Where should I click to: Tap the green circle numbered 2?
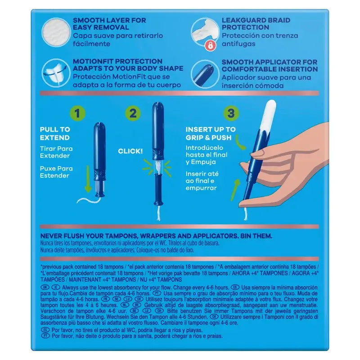[133, 113]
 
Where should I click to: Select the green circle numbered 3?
[231, 113]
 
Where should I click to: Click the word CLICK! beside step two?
[130, 151]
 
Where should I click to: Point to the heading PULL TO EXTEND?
[55, 134]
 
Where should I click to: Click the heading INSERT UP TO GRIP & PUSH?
[211, 134]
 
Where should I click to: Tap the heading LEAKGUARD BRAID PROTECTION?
[256, 24]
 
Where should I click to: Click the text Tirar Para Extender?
[56, 152]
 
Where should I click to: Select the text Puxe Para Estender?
[56, 172]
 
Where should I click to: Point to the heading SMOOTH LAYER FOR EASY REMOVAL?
[109, 24]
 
